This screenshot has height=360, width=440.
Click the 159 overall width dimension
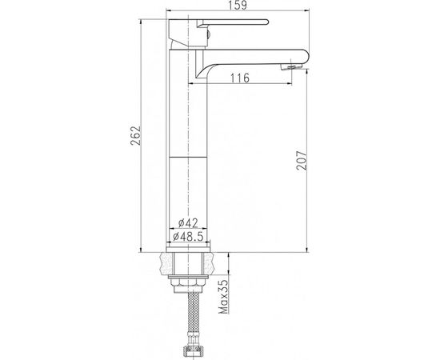[x=238, y=5]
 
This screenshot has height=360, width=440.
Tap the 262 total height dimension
[x=135, y=135]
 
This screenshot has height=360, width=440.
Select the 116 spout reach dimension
[x=240, y=78]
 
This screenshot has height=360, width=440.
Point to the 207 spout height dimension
[x=302, y=161]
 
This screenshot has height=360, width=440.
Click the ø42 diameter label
[x=188, y=223]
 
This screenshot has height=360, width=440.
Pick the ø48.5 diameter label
[x=188, y=237]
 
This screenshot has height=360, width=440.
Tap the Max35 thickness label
[x=224, y=297]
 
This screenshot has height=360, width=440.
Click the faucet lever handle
[x=233, y=23]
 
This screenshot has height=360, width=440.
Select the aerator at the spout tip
[x=290, y=66]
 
